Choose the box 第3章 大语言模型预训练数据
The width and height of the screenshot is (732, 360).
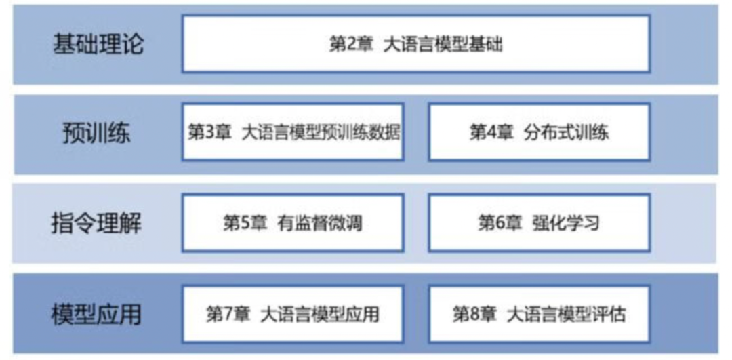[x=293, y=132]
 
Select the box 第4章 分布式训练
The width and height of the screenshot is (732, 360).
[x=539, y=132]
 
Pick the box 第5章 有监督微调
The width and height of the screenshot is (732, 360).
[x=293, y=222]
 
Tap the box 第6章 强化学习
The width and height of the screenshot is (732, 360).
[x=539, y=222]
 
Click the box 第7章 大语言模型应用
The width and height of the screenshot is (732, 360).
[x=293, y=314]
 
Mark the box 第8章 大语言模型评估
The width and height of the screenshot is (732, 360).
[x=539, y=314]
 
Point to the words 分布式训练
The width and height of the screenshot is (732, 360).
[x=567, y=132]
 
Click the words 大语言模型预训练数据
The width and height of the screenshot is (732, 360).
[x=321, y=132]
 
